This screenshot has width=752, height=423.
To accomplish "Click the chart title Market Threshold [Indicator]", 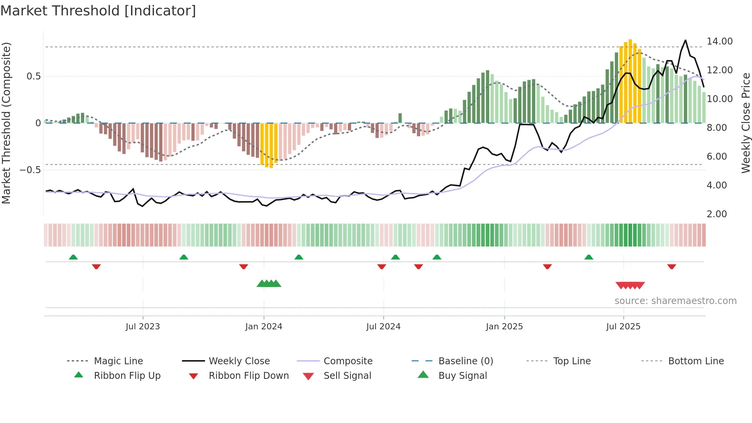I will click(x=98, y=11).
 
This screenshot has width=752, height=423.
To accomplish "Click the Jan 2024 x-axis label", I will click(x=264, y=327).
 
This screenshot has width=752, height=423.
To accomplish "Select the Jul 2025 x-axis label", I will click(x=623, y=327).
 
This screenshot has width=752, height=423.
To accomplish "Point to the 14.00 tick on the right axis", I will click(x=719, y=41).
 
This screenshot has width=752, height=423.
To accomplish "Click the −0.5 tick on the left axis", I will click(x=30, y=170).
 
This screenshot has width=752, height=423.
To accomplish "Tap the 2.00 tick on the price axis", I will click(x=717, y=214).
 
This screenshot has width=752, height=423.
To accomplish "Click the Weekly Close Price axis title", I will click(x=745, y=123).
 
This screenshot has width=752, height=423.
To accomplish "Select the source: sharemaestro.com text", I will click(x=675, y=301).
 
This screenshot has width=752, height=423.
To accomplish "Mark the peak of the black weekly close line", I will click(x=685, y=40).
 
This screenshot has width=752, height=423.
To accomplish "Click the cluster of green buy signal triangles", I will click(x=269, y=284).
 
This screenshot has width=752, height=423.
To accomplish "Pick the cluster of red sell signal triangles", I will click(x=630, y=285).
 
